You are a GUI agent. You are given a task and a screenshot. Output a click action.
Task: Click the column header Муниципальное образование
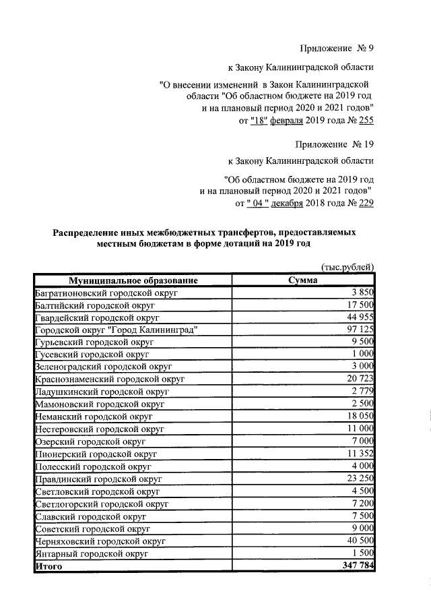(x=132, y=280)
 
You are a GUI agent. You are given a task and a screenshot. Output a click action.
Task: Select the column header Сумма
(x=302, y=280)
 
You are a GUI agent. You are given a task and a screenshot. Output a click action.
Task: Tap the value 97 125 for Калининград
(x=358, y=330)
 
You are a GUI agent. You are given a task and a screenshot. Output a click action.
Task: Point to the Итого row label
(x=48, y=567)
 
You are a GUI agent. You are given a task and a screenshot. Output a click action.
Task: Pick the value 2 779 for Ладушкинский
(x=362, y=392)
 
